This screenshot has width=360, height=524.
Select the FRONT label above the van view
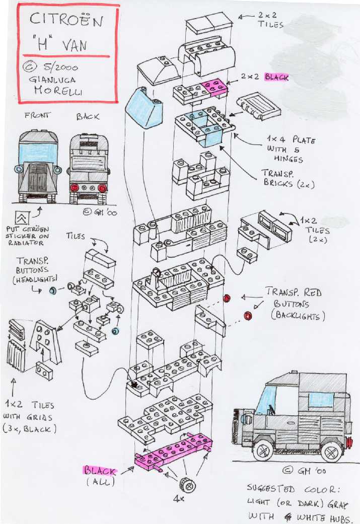tap(37, 115)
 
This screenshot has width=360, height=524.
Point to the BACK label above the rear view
tap(88, 116)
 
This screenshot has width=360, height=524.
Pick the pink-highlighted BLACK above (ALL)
tap(100, 471)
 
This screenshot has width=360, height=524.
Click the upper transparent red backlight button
tap(226, 298)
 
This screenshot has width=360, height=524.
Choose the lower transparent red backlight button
tap(247, 316)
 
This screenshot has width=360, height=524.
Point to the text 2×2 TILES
tap(270, 20)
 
